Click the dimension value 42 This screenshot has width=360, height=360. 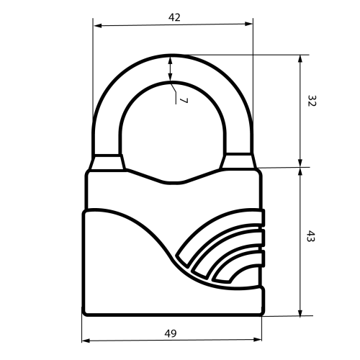coord(174,17)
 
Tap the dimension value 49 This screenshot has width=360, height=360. coord(171,333)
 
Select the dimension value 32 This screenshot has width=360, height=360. coord(312,101)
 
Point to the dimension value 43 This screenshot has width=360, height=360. coord(311,236)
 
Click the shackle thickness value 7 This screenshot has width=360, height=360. coord(184,100)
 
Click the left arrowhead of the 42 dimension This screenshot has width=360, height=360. coord(98,26)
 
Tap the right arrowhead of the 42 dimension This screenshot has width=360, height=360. coord(248,24)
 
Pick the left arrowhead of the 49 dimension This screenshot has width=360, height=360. coord(86,341)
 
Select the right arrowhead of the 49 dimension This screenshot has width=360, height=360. coord(258,339)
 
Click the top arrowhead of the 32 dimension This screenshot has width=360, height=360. coord(300,59)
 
